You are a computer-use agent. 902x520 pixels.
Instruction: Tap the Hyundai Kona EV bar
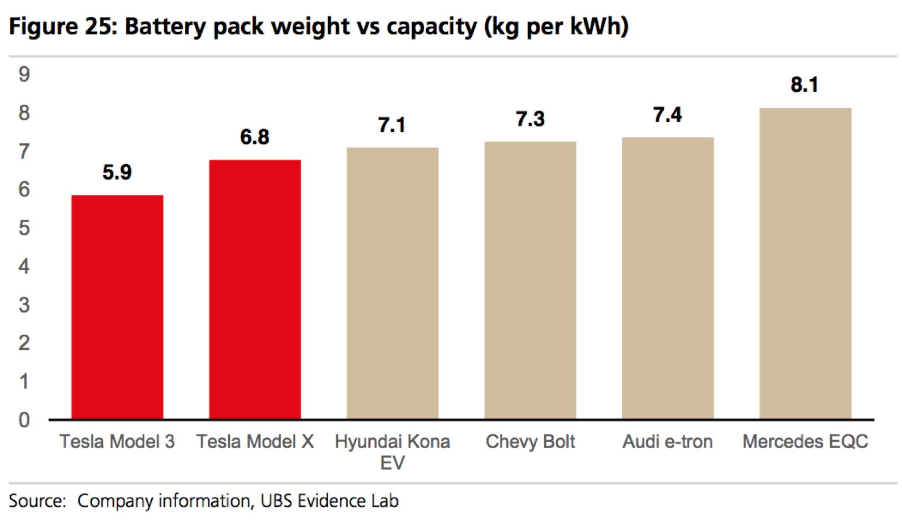click(x=392, y=283)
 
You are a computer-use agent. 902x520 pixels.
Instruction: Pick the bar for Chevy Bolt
click(x=530, y=280)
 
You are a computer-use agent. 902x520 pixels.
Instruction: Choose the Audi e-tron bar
click(x=668, y=278)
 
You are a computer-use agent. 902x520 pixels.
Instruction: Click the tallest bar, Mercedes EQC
click(x=805, y=263)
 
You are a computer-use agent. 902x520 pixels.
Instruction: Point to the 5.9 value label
click(x=117, y=172)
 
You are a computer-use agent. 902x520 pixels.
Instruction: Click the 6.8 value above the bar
click(x=255, y=137)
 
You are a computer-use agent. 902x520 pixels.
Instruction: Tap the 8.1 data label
click(x=805, y=85)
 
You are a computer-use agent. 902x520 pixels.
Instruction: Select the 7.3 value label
click(x=530, y=120)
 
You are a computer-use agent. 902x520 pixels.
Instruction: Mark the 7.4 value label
click(x=668, y=115)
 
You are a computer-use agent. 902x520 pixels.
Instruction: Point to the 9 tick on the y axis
click(x=24, y=74)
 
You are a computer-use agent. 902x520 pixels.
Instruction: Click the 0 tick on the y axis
click(x=24, y=420)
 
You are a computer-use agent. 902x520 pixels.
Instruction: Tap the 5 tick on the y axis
click(x=24, y=228)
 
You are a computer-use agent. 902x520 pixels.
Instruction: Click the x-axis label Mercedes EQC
click(x=805, y=441)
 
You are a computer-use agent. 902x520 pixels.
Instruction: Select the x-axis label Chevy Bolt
click(x=530, y=441)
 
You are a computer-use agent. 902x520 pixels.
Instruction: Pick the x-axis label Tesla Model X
click(x=255, y=441)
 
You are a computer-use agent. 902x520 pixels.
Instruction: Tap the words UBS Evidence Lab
click(x=330, y=501)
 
